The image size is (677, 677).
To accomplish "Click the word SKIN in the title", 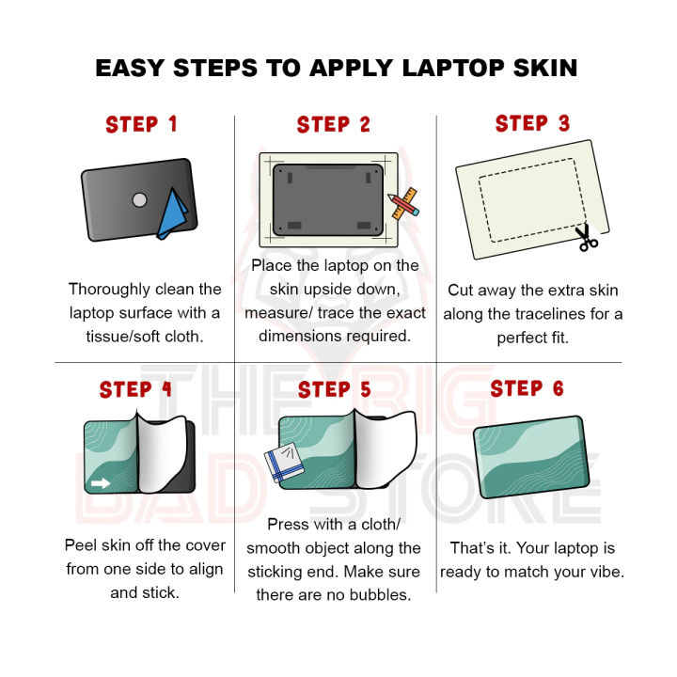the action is click(x=544, y=69).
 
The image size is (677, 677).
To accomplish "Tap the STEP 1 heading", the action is click(x=142, y=124).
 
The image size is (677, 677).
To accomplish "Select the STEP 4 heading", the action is click(x=135, y=389).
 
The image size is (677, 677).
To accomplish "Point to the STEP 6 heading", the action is click(x=527, y=388).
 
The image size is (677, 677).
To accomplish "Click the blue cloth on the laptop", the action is click(x=172, y=214).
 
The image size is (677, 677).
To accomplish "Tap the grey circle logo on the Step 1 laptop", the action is click(x=139, y=200).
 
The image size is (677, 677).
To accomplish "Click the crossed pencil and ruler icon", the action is click(x=403, y=203).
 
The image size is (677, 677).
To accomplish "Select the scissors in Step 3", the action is click(x=586, y=238).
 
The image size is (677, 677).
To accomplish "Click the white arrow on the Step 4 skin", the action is click(x=101, y=482).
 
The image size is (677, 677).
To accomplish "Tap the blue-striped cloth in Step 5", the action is click(x=284, y=463).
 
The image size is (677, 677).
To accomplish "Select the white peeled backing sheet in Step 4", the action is click(x=162, y=453).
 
